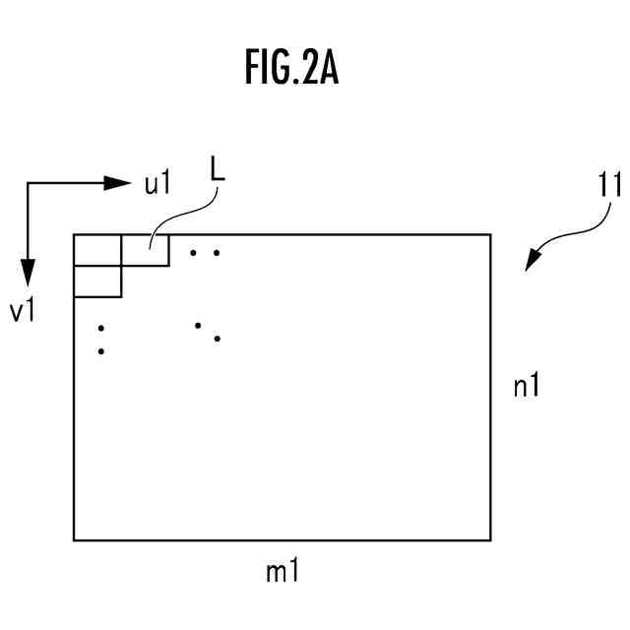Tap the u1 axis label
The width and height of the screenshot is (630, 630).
coord(158,183)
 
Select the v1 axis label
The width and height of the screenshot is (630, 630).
coord(23,311)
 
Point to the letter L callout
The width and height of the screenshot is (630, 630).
coord(218,168)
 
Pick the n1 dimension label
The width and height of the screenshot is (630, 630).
coord(527,386)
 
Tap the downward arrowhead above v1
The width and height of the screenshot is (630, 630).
coord(28,273)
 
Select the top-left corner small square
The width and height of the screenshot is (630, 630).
coord(97,250)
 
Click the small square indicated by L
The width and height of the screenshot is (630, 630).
coord(145,250)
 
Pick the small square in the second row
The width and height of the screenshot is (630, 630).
coord(97,282)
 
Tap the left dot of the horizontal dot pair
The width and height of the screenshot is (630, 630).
coord(194,253)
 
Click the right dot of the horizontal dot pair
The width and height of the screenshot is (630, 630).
coord(216,253)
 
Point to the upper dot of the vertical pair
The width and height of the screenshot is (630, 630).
coord(101,328)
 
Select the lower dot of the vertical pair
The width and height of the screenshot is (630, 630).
coord(101,350)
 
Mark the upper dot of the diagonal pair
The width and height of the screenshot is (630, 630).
coord(198,324)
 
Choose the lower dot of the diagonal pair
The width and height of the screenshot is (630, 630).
coord(217,339)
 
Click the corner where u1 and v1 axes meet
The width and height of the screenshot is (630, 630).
coord(28,183)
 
